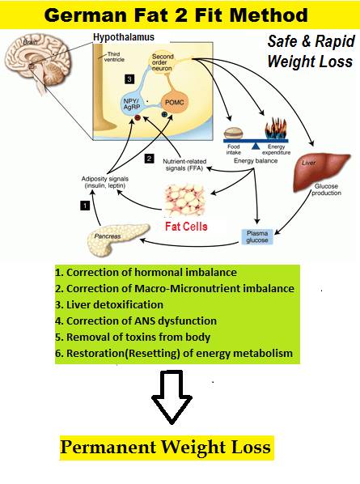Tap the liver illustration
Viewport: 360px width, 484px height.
click(321, 172)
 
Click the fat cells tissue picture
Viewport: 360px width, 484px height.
click(185, 200)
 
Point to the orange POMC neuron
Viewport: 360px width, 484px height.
click(175, 103)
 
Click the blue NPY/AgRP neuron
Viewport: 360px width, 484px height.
click(132, 104)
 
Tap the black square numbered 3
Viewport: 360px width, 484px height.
click(129, 79)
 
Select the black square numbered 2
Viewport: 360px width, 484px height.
click(149, 159)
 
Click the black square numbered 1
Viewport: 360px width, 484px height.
click(85, 206)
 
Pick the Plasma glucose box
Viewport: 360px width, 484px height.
click(257, 237)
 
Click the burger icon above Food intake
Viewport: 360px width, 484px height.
click(234, 134)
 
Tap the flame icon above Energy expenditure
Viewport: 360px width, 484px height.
click(276, 129)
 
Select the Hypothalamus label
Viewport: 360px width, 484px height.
click(124, 38)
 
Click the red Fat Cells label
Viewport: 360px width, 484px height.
click(186, 227)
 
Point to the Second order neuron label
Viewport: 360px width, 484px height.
click(163, 62)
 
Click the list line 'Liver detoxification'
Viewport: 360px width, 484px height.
click(109, 304)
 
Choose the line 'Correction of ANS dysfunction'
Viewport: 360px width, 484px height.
click(136, 321)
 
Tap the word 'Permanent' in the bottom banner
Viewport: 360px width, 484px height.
click(108, 447)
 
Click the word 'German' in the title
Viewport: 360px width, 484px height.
click(86, 15)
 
